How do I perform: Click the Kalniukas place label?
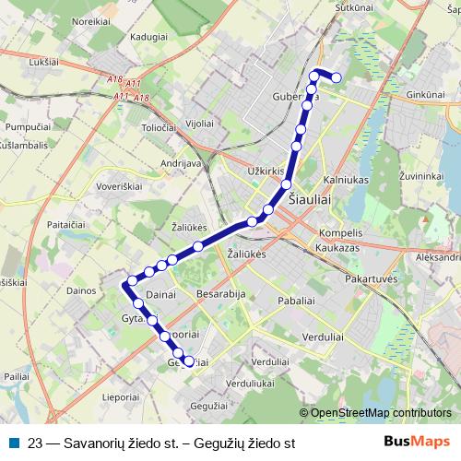[347, 181]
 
